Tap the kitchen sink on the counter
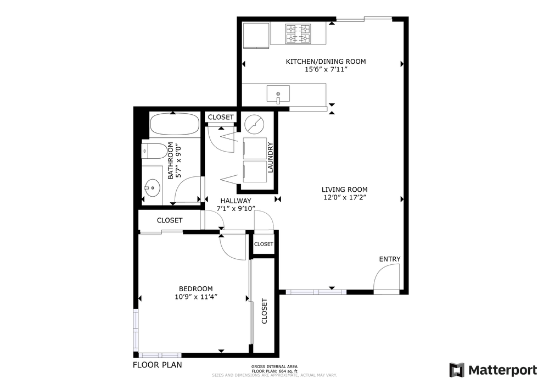coord(278,95)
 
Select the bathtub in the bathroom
coord(174,125)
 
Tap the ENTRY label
coord(390,259)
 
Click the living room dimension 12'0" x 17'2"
coord(344,197)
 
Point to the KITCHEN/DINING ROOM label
coord(326,62)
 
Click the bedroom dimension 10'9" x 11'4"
coord(195,298)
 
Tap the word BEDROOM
coord(195,289)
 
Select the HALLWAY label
coord(236,201)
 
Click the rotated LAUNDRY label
coord(270,158)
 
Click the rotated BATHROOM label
coord(170,160)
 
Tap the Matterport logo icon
coord(457,370)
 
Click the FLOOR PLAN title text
coord(158,364)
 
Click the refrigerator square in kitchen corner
coord(256,34)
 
